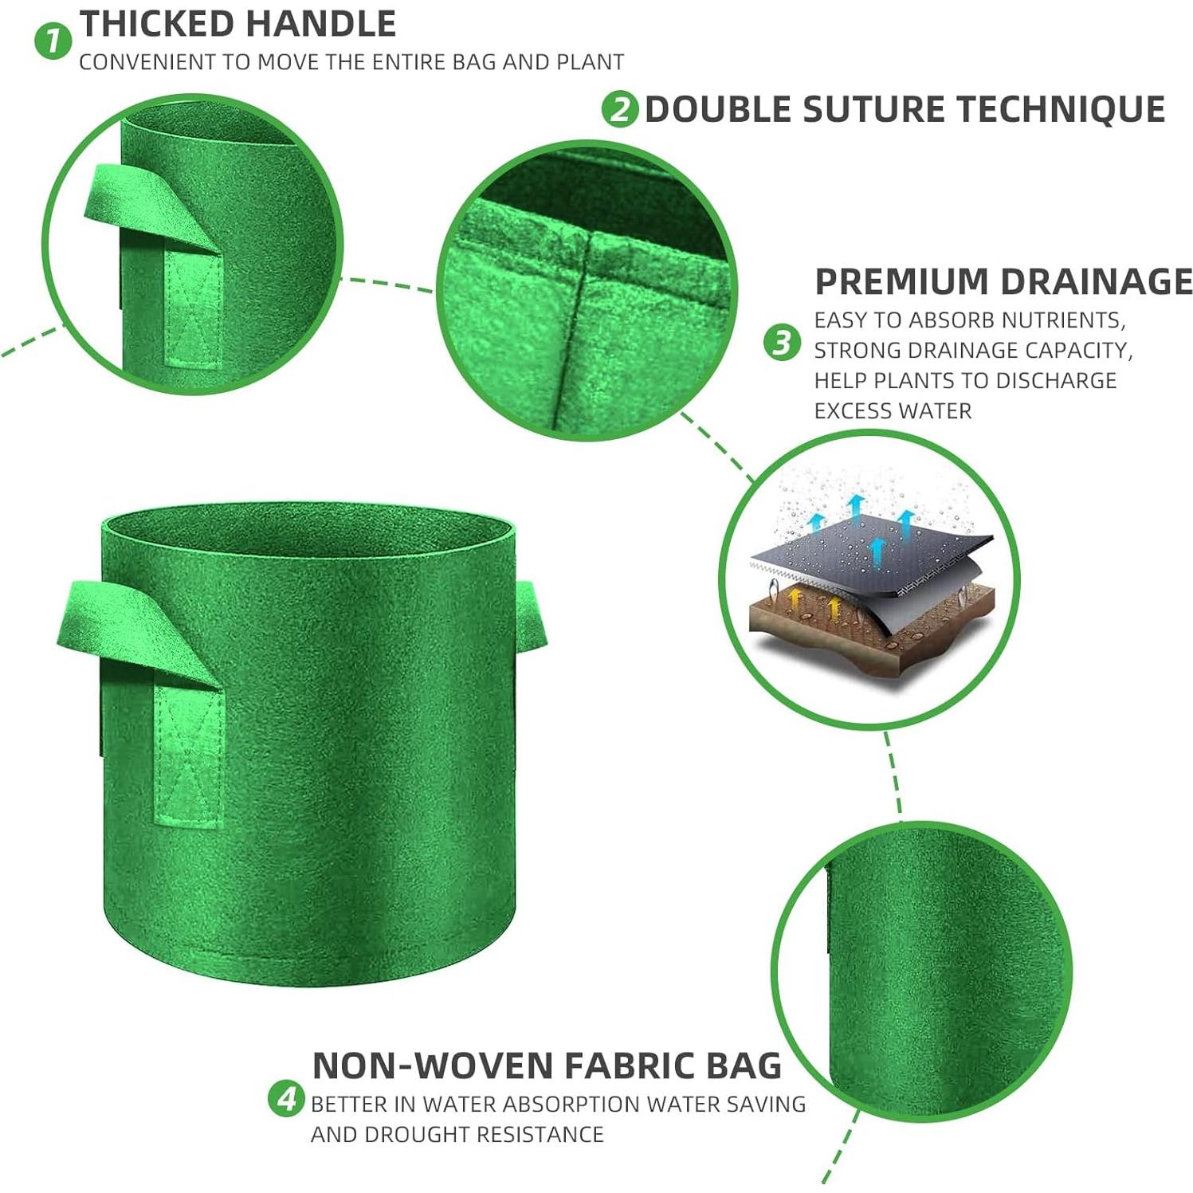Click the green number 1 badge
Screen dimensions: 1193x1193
53,41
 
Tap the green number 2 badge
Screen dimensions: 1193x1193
620,109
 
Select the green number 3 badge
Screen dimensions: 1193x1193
782,343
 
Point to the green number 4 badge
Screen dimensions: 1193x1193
286,1098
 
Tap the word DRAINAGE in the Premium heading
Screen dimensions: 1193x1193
1097,282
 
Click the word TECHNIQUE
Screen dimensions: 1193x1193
1062,109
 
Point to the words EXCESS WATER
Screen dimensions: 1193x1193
893,411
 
